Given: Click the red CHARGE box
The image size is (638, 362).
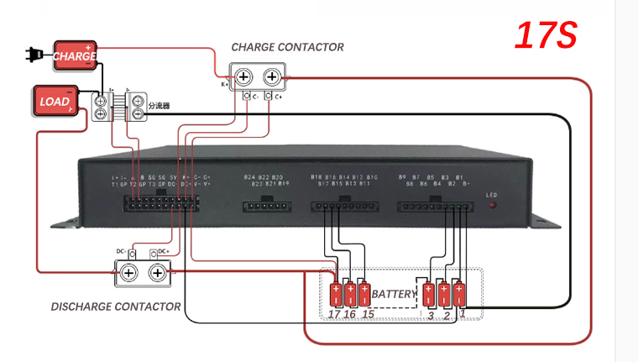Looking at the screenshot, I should click(x=75, y=55).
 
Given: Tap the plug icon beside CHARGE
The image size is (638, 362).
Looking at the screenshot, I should click(x=33, y=56).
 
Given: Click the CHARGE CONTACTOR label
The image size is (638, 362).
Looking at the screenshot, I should click(x=287, y=47).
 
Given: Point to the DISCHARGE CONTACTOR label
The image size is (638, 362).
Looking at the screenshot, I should click(x=116, y=307).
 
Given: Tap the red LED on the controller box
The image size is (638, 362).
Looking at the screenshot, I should click(x=493, y=205).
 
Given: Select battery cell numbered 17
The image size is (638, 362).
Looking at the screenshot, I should click(x=337, y=295).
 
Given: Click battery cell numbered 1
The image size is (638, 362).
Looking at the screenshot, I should click(x=459, y=295).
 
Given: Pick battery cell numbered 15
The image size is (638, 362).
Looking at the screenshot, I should click(x=364, y=295).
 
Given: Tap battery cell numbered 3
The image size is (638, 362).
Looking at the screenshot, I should click(x=430, y=295).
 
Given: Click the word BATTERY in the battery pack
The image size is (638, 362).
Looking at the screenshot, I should click(x=394, y=295).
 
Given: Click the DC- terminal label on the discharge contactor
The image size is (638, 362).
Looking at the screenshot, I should click(x=121, y=252).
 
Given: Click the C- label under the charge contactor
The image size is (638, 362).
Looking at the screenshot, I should click(x=253, y=97).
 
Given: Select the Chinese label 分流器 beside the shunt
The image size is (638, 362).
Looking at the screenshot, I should click(x=159, y=107).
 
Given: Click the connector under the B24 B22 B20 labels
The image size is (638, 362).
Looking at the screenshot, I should click(x=266, y=205).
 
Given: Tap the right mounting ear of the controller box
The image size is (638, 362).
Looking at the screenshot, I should click(x=545, y=223).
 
